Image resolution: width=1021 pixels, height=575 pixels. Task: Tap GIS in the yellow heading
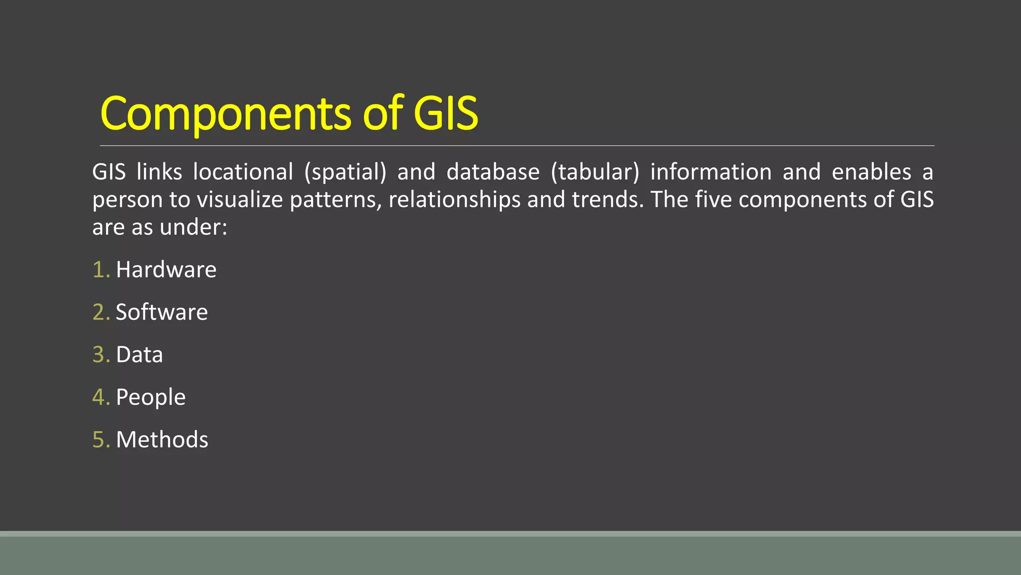pyautogui.click(x=446, y=114)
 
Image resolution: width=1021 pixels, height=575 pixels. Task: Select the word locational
pyautogui.click(x=243, y=172)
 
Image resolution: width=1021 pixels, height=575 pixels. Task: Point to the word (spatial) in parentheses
pyautogui.click(x=345, y=172)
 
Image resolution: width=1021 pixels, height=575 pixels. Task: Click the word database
pyautogui.click(x=493, y=172)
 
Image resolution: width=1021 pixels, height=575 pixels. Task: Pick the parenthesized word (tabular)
pyautogui.click(x=595, y=172)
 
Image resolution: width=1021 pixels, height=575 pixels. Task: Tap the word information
pyautogui.click(x=711, y=172)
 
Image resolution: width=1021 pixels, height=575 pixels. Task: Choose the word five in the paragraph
pyautogui.click(x=713, y=200)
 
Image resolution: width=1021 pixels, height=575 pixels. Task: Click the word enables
pyautogui.click(x=871, y=172)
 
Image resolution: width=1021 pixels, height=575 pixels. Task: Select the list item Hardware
pyautogui.click(x=166, y=270)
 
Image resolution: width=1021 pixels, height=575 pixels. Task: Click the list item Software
pyautogui.click(x=162, y=312)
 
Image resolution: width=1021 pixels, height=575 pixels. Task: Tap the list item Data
pyautogui.click(x=139, y=355)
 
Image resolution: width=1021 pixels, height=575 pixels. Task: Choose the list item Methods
pyautogui.click(x=162, y=440)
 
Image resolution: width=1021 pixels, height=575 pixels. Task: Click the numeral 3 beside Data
pyautogui.click(x=98, y=355)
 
